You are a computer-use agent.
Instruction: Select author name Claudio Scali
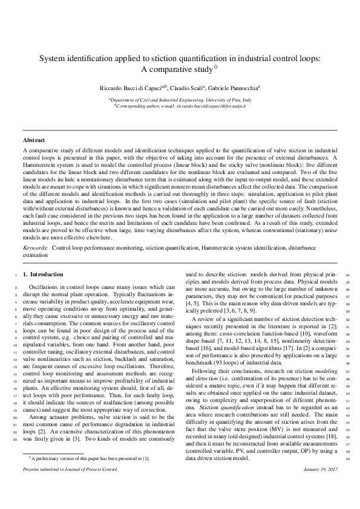pyautogui.click(x=185, y=88)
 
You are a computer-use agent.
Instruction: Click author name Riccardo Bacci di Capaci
pyautogui.click(x=131, y=88)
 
